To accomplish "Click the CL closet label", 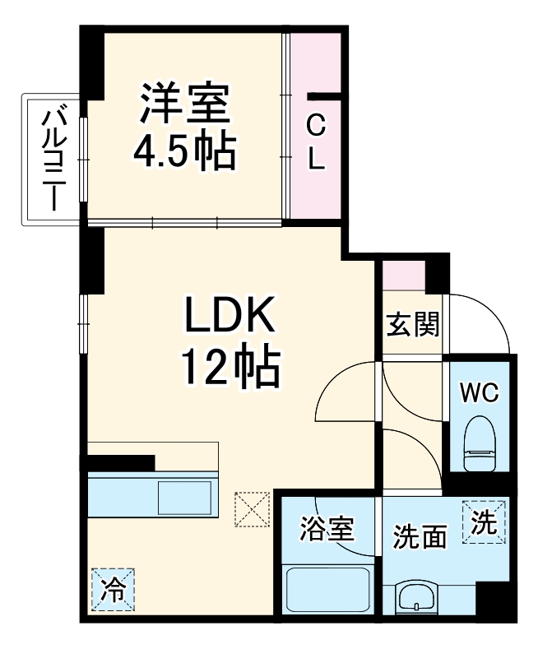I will click(x=316, y=142).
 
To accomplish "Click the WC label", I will click(x=478, y=393).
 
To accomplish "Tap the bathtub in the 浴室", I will click(x=327, y=588).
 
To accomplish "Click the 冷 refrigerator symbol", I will click(x=110, y=590).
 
